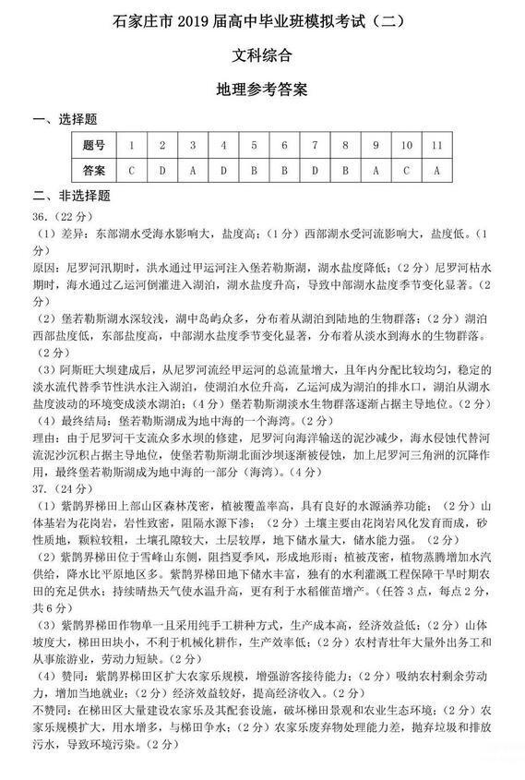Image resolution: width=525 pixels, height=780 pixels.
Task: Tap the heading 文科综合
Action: pyautogui.click(x=262, y=54)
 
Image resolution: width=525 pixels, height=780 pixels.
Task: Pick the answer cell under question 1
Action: pyautogui.click(x=132, y=170)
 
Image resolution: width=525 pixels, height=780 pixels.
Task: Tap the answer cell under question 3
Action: pyautogui.click(x=193, y=170)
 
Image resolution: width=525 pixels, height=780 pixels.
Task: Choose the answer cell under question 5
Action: pyautogui.click(x=254, y=170)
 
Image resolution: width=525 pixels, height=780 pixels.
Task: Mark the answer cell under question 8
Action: pyautogui.click(x=345, y=170)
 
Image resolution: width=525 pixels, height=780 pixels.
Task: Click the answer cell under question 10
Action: pyautogui.click(x=406, y=170)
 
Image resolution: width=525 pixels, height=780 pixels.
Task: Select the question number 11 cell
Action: pyautogui.click(x=436, y=145)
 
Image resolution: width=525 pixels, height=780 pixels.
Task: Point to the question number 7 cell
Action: pyautogui.click(x=315, y=145)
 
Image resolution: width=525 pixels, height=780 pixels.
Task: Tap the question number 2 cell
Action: pyautogui.click(x=162, y=145)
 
